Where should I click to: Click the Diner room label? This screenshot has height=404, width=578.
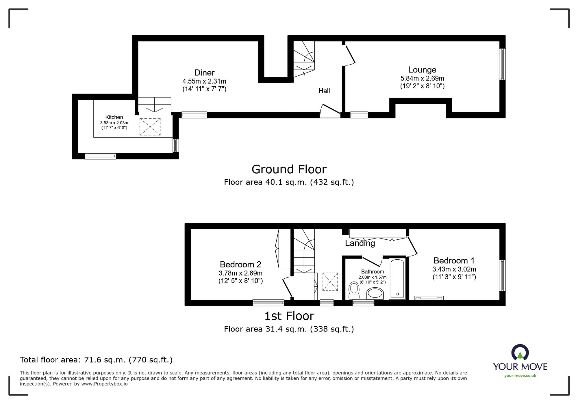click(x=204, y=72)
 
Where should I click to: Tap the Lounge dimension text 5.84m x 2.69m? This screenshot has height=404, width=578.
click(x=422, y=78)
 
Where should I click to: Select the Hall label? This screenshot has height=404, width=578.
click(x=324, y=91)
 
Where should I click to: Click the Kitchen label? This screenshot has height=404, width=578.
click(x=114, y=117)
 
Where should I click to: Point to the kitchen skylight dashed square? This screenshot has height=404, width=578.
click(x=150, y=126)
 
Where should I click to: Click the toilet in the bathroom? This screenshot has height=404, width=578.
click(x=354, y=290)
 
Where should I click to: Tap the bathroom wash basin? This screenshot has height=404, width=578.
click(x=375, y=294)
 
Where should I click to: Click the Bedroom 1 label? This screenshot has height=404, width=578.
click(x=454, y=260)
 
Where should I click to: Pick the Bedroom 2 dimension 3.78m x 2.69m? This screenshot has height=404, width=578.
click(x=240, y=273)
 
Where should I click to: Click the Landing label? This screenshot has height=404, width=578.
click(x=360, y=243)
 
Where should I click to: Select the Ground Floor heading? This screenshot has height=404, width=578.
click(x=289, y=169)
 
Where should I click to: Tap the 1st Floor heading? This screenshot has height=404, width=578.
click(x=289, y=316)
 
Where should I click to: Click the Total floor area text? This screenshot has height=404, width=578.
click(x=96, y=360)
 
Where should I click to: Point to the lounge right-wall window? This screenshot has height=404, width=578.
click(x=502, y=64)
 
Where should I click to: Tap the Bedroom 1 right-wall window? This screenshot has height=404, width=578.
click(x=502, y=275)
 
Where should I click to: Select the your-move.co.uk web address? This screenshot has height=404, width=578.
click(x=520, y=376)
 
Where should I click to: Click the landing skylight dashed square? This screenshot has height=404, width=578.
click(x=330, y=282)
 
